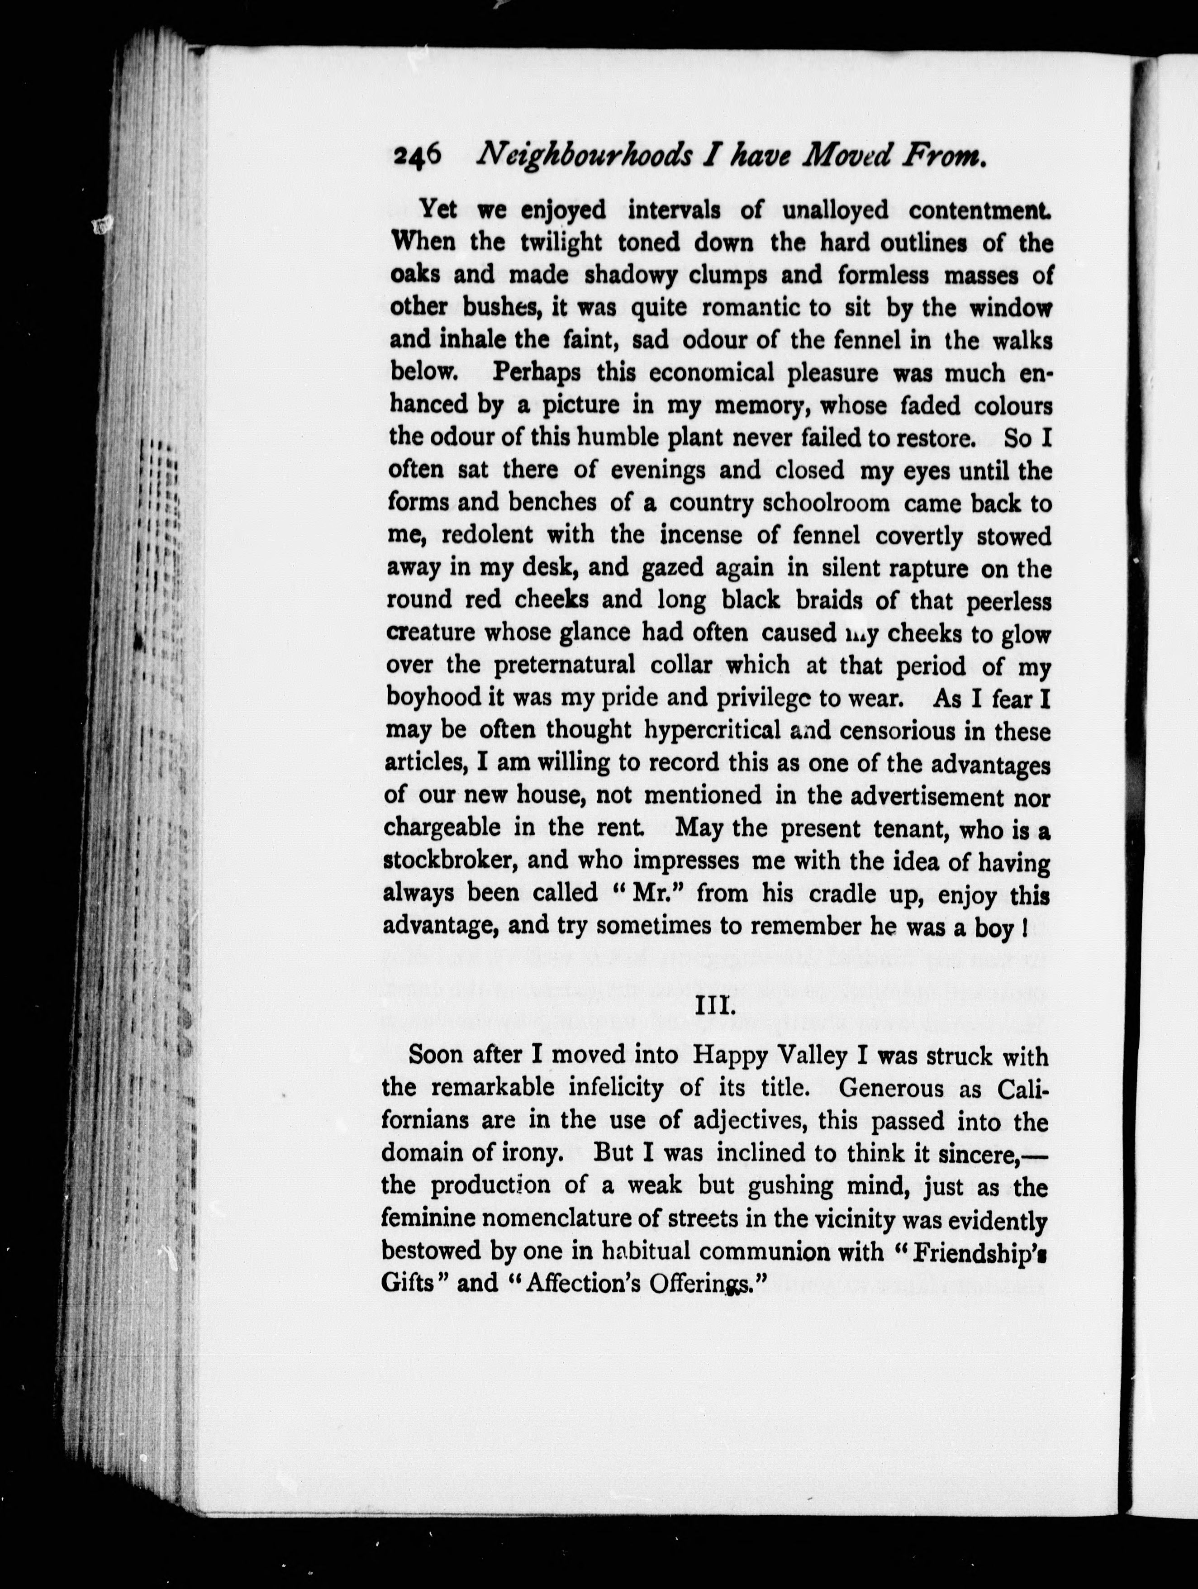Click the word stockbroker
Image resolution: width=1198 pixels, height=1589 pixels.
point(447,861)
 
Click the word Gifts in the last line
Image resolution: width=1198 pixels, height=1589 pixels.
point(407,1284)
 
